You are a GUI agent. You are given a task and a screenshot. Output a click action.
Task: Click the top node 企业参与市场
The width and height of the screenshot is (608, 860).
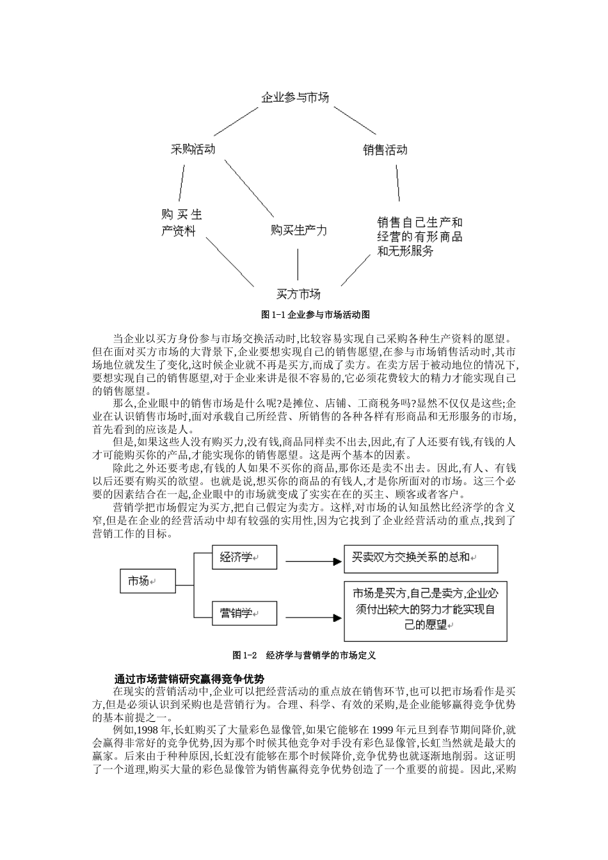(x=295, y=98)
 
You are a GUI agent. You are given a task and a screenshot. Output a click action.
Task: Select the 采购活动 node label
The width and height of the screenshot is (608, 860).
(x=193, y=150)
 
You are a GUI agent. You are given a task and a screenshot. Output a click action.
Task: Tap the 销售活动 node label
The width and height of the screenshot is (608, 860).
(x=385, y=150)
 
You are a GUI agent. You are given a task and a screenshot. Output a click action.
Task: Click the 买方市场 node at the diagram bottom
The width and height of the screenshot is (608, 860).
(x=298, y=294)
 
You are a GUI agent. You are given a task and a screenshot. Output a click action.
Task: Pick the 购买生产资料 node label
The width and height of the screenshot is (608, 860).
(x=181, y=223)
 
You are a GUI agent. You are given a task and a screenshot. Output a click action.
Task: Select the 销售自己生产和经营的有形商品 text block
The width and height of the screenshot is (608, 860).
(x=419, y=237)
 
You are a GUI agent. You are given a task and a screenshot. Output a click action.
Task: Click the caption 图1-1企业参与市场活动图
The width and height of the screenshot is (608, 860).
(x=307, y=315)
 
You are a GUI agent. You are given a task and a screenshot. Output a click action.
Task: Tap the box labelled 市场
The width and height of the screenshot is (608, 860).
(x=148, y=582)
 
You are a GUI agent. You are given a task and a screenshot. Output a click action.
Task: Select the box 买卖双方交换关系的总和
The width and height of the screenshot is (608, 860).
(x=420, y=558)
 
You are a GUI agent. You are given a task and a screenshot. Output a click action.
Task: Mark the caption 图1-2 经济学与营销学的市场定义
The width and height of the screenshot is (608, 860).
(x=304, y=655)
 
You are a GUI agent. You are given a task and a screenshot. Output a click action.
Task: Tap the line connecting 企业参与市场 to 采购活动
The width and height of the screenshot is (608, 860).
(x=236, y=122)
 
